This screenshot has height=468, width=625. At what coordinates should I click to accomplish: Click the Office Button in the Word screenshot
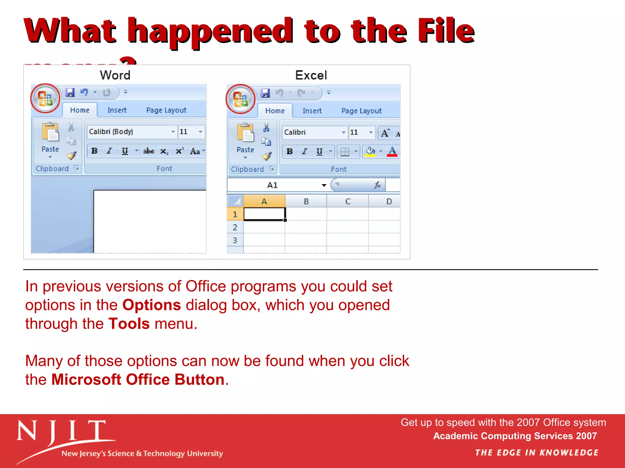click(x=45, y=98)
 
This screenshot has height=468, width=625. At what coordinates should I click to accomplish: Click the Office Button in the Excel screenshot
click(x=240, y=99)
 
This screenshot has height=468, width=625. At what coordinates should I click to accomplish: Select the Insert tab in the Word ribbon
click(x=117, y=110)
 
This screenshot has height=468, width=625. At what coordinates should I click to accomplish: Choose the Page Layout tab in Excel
click(x=361, y=111)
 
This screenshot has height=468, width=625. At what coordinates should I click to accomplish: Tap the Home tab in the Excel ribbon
click(x=275, y=111)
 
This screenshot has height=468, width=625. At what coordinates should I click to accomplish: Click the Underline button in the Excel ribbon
click(x=319, y=151)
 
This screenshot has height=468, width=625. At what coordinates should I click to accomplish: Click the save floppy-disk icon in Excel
click(x=265, y=93)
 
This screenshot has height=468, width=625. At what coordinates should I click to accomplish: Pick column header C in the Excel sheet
click(x=348, y=201)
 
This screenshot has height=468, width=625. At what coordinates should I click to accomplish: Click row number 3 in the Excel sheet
click(x=235, y=240)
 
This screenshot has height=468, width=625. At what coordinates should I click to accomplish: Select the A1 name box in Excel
click(x=273, y=185)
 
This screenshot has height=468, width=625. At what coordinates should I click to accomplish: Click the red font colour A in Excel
click(x=392, y=151)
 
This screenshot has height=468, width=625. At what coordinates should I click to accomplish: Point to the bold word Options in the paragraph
click(x=152, y=305)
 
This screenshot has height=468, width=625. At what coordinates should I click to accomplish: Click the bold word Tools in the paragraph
click(x=129, y=324)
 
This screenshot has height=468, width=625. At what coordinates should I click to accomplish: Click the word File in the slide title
click(x=446, y=30)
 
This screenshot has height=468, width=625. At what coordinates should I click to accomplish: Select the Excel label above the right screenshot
click(x=311, y=75)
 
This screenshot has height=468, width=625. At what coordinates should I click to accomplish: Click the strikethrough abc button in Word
click(x=149, y=151)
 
